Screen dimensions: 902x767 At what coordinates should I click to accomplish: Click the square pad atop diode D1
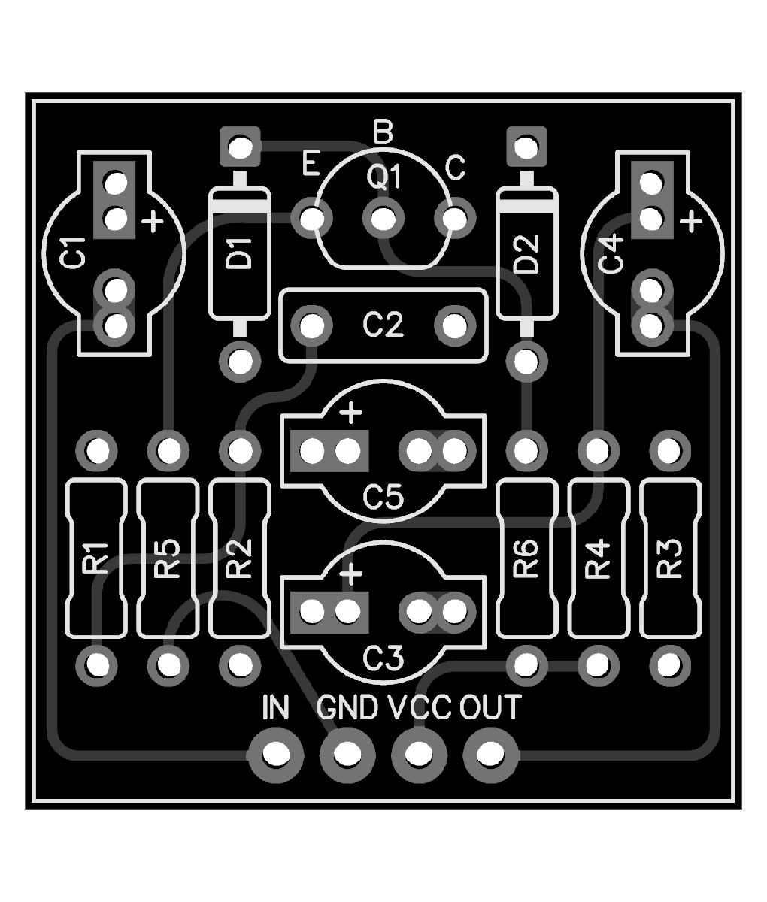point(240,147)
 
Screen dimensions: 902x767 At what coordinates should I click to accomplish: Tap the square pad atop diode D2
point(526,147)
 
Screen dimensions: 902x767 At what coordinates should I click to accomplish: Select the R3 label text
point(669,559)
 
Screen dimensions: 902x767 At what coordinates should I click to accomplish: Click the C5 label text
point(383,497)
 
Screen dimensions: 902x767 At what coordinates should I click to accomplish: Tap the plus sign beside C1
point(153,221)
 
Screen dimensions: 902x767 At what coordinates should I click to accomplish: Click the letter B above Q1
point(383,133)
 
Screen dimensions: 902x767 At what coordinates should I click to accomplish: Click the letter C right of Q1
point(456,167)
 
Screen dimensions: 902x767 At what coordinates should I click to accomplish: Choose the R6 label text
point(526,559)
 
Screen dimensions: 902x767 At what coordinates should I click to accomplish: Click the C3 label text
point(383,658)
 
